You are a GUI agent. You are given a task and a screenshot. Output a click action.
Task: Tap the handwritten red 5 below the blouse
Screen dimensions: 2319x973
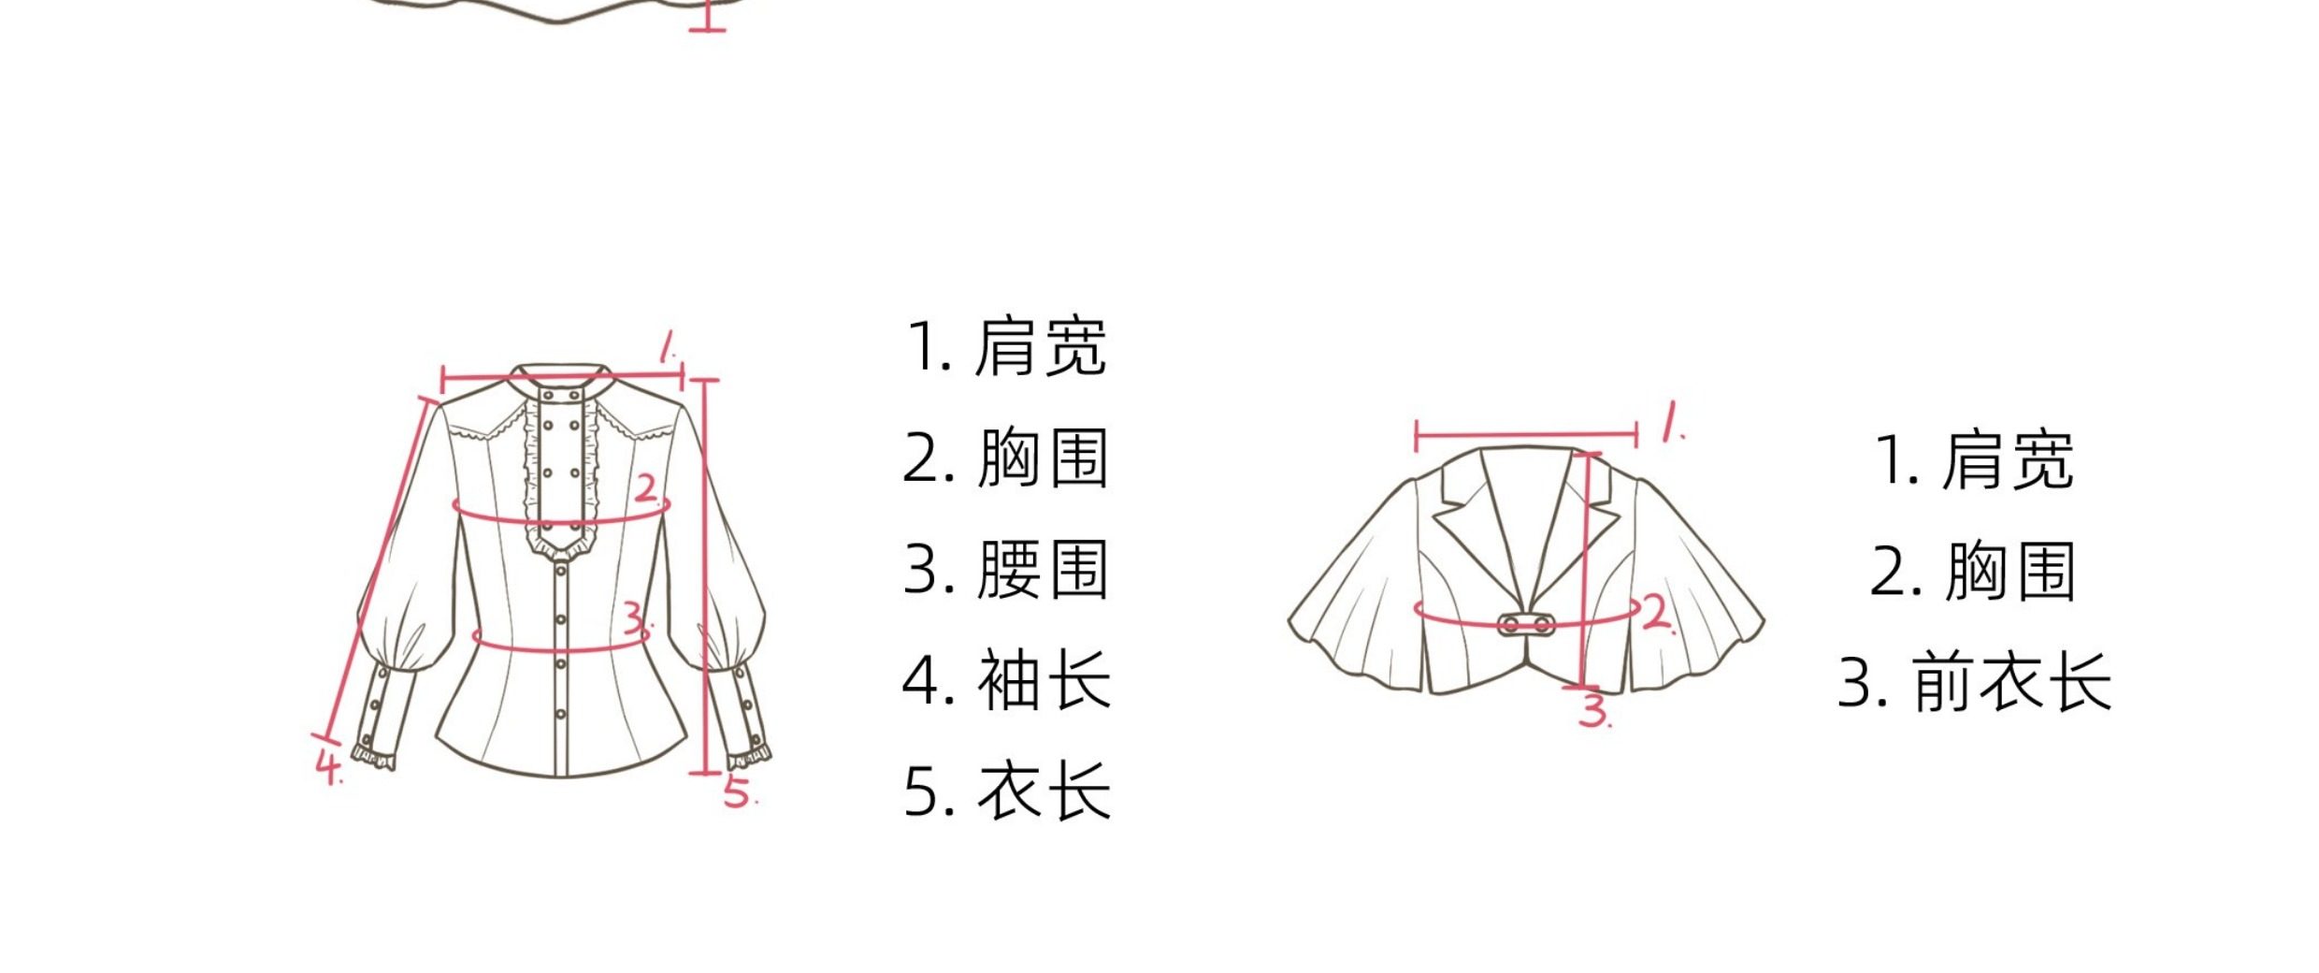pyautogui.click(x=738, y=791)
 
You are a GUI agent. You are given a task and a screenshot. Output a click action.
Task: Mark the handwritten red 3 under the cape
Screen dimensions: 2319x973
pyautogui.click(x=1593, y=710)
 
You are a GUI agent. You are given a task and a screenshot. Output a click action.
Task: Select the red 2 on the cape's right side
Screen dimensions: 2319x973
pyautogui.click(x=1656, y=614)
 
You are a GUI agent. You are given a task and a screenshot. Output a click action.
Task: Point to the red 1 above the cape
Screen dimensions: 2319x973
pyautogui.click(x=1670, y=422)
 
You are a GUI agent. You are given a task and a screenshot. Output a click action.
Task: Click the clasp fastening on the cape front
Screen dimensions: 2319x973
pyautogui.click(x=1526, y=624)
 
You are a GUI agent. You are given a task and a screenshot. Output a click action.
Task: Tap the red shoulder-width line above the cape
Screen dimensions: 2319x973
pyautogui.click(x=1526, y=435)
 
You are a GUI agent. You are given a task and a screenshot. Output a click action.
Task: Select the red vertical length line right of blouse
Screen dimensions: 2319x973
pyautogui.click(x=706, y=575)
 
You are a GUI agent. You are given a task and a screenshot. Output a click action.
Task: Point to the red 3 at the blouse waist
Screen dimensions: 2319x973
pyautogui.click(x=636, y=618)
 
